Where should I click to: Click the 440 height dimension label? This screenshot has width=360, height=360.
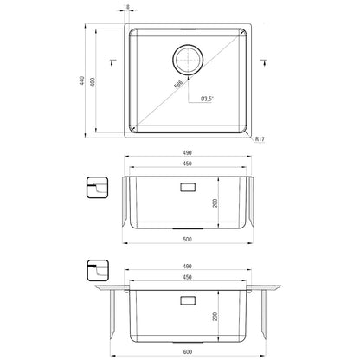(x=81, y=80)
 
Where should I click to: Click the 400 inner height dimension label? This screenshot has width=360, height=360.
(x=93, y=82)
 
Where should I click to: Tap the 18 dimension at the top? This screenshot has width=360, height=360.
(x=126, y=7)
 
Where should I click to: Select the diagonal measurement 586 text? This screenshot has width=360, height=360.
(x=178, y=85)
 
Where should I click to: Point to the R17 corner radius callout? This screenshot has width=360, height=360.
(x=260, y=139)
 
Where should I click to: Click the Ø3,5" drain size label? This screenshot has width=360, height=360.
(x=207, y=99)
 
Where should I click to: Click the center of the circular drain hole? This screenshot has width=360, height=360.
(x=188, y=60)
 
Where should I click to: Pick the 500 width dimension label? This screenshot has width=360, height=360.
(x=188, y=239)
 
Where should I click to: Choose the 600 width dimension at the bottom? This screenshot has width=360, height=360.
(x=188, y=352)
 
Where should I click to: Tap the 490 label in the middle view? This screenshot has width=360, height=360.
(x=188, y=152)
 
